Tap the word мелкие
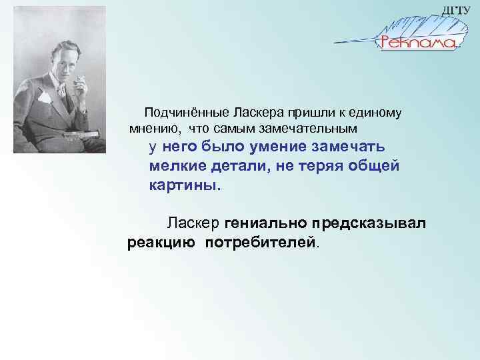pyautogui.click(x=178, y=166)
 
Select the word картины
pyautogui.click(x=182, y=185)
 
